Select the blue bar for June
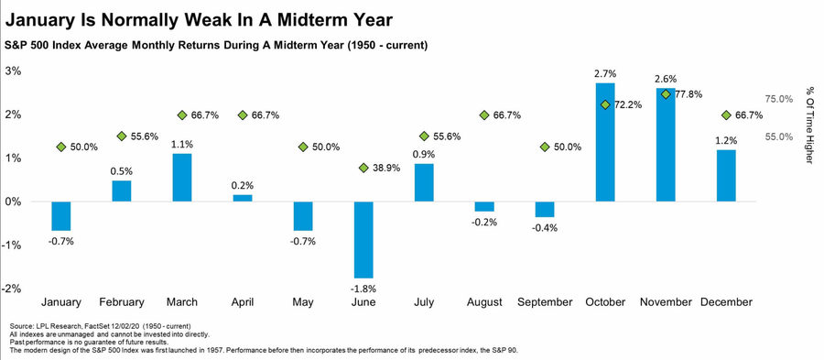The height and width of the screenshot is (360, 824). click(363, 240)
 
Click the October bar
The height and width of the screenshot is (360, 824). click(605, 142)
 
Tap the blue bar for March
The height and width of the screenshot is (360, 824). click(182, 178)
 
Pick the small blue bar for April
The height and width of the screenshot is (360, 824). click(243, 198)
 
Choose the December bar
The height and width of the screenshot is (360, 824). click(726, 176)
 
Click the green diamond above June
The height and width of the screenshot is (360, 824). click(363, 168)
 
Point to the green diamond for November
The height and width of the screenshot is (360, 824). click(666, 94)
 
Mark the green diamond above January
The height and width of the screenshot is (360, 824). click(61, 147)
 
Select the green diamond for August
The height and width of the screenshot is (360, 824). click(484, 115)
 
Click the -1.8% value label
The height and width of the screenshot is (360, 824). click(363, 289)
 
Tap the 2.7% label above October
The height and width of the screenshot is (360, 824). click(606, 73)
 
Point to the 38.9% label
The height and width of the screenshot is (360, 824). click(386, 169)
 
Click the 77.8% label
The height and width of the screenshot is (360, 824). click(688, 94)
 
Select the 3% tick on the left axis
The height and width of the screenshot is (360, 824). click(13, 71)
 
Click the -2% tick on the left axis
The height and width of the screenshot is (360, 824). click(12, 289)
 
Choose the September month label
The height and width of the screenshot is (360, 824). click(545, 302)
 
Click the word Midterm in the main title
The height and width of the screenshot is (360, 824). click(308, 20)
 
